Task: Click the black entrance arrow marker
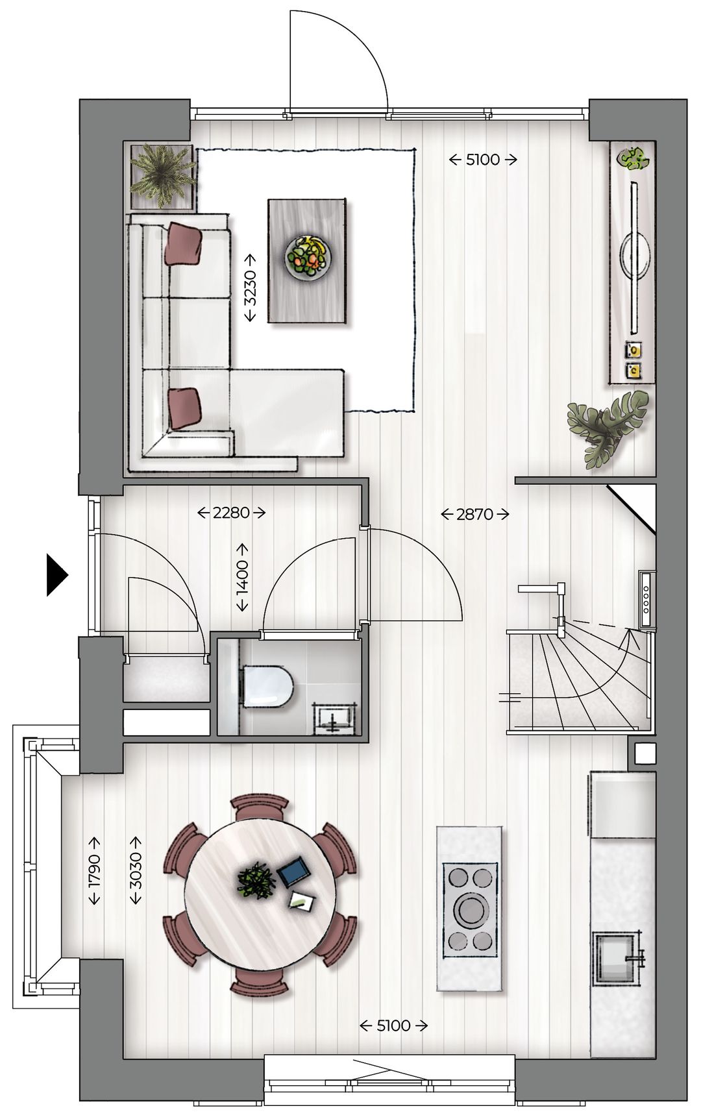(x=56, y=574)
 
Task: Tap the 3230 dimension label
(x=250, y=288)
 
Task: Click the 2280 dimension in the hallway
(x=232, y=513)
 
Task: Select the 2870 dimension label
(x=474, y=515)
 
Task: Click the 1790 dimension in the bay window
(x=94, y=870)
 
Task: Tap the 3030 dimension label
(x=136, y=870)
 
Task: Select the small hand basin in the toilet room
(x=335, y=719)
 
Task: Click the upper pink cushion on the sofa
(x=184, y=243)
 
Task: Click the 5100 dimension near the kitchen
(x=394, y=1025)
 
